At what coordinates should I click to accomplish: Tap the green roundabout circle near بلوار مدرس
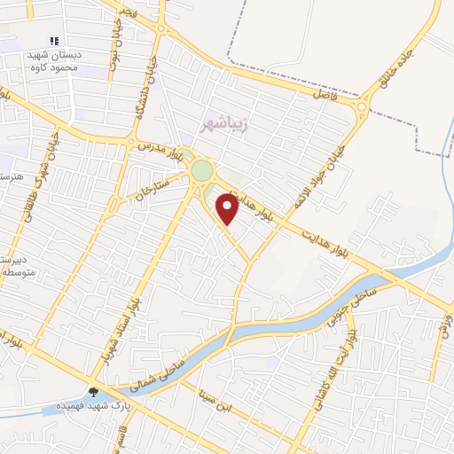(202, 169)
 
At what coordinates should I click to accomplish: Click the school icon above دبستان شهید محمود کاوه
(54, 41)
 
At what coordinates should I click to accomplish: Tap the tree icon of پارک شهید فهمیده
(94, 392)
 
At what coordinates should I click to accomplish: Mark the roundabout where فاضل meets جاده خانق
(363, 108)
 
